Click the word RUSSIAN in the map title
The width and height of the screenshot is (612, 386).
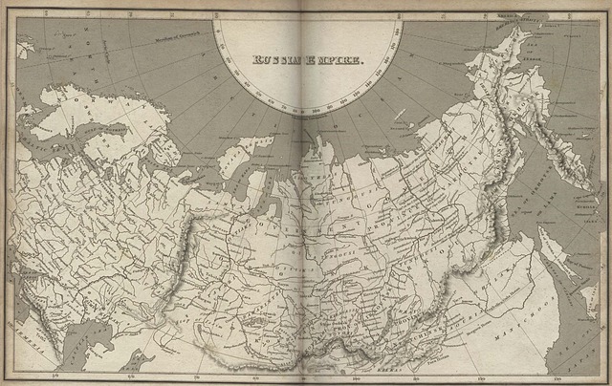278,59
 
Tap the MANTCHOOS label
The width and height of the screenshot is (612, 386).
517,333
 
